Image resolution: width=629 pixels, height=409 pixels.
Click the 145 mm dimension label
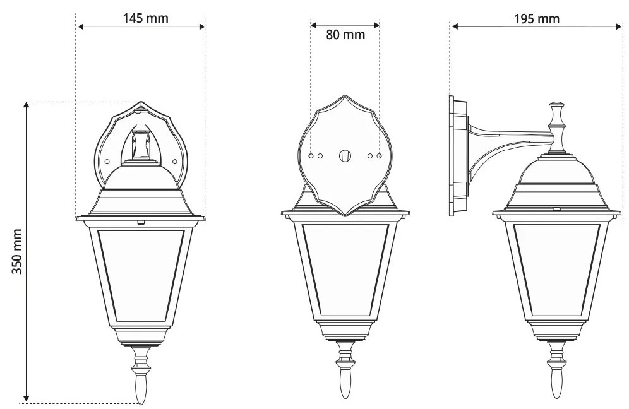145,18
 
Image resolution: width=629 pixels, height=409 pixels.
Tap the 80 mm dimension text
345,35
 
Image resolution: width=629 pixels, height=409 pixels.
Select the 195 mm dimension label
536,18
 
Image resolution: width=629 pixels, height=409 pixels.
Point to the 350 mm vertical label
18,251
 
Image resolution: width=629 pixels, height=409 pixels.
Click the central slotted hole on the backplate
345,155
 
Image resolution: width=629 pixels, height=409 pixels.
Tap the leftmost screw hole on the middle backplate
311,155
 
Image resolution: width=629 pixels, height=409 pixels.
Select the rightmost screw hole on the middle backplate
379,155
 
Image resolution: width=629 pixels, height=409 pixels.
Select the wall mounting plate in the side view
458,156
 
